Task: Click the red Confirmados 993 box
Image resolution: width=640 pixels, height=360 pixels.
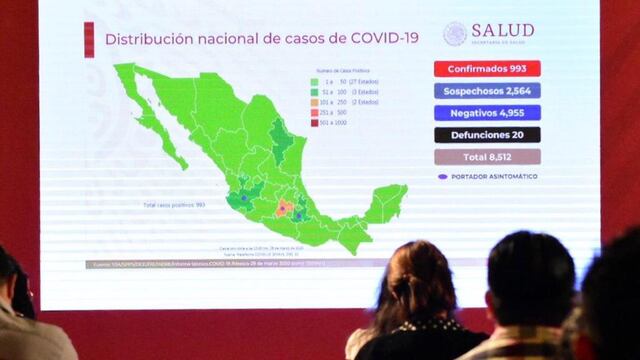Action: click(x=487, y=69)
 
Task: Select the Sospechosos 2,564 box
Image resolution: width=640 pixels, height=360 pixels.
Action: click(x=487, y=91)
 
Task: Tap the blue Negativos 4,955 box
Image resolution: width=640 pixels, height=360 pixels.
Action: click(x=487, y=113)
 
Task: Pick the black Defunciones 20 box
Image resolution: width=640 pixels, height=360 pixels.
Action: click(x=487, y=135)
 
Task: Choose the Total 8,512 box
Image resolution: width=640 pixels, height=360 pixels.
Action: click(x=487, y=157)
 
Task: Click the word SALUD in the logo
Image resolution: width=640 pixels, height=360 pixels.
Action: click(x=502, y=30)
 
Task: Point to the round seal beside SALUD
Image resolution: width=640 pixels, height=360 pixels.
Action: click(x=455, y=33)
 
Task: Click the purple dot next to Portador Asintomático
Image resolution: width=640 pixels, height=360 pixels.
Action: click(x=441, y=177)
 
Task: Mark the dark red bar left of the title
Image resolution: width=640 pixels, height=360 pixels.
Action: click(x=89, y=38)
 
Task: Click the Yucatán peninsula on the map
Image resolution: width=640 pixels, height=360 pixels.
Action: click(x=386, y=199)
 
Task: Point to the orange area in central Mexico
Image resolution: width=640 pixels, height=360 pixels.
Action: click(x=284, y=208)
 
